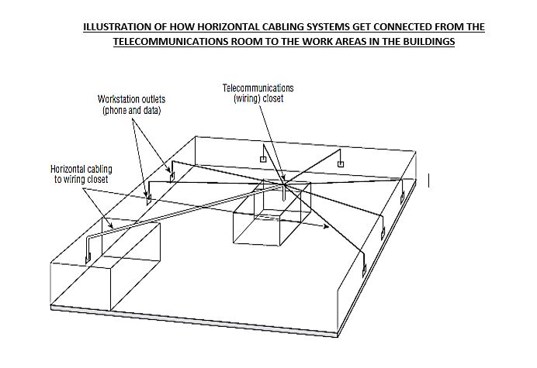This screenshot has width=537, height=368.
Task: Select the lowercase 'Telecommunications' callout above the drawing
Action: click(258, 88)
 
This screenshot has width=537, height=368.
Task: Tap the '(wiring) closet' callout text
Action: click(258, 98)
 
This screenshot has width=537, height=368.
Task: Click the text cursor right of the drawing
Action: click(429, 180)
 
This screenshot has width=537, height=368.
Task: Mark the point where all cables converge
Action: click(285, 184)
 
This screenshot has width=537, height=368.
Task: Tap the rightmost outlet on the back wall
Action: click(339, 163)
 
